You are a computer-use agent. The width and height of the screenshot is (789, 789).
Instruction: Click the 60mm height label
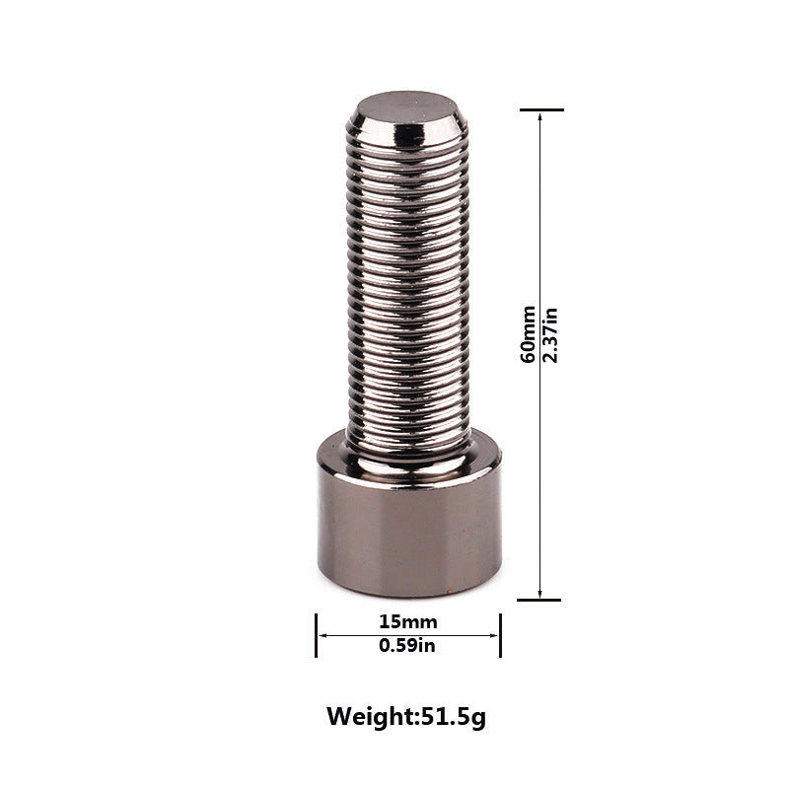(x=530, y=334)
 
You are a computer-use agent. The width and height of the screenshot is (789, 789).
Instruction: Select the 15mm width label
(x=407, y=622)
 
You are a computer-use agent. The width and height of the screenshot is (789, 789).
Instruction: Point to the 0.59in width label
(x=407, y=647)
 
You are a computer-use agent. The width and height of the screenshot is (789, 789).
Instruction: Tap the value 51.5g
(x=454, y=716)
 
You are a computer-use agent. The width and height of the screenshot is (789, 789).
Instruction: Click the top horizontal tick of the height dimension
(x=540, y=109)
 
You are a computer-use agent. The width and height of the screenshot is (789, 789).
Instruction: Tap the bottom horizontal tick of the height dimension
(x=539, y=600)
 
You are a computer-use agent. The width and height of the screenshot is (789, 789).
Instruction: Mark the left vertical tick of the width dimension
(x=317, y=635)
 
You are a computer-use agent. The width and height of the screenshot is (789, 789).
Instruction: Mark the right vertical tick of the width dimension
(x=500, y=635)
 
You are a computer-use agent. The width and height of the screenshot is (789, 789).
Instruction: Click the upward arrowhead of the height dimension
(x=539, y=117)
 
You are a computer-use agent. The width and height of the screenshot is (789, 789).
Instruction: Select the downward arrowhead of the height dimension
(x=539, y=592)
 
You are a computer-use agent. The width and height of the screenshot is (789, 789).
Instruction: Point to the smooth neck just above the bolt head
(x=408, y=453)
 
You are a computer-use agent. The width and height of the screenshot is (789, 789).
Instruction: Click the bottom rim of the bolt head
(x=408, y=590)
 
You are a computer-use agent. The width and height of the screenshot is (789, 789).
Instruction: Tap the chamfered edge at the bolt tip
(x=407, y=128)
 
